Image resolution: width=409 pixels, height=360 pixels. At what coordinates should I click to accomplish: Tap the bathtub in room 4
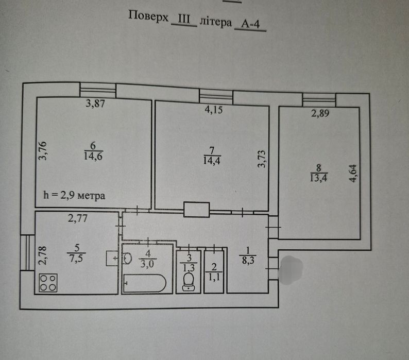click(x=145, y=283)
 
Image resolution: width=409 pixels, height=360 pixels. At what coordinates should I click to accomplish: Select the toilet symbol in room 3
click(x=189, y=280)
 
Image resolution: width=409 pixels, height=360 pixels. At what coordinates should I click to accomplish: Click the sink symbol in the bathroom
click(x=127, y=259)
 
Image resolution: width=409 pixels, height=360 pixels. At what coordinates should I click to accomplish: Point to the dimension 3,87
click(x=96, y=104)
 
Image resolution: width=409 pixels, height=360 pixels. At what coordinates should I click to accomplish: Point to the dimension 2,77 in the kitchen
click(x=79, y=218)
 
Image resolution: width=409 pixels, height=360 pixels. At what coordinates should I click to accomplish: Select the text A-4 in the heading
click(x=250, y=24)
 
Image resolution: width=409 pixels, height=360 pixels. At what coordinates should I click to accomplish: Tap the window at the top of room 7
click(x=216, y=96)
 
